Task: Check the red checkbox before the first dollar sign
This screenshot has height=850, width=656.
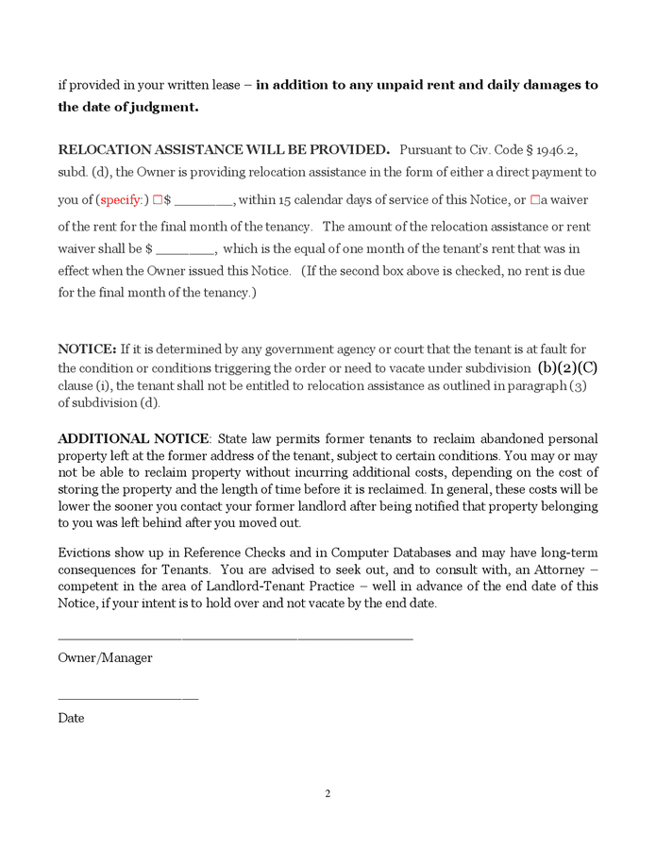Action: pos(158,200)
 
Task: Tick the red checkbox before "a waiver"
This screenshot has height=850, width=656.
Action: pos(535,200)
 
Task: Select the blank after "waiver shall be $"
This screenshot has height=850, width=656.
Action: pos(186,250)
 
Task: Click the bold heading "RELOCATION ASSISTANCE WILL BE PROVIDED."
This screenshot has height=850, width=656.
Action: pos(224,149)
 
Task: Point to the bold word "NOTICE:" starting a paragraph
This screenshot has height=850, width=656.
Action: pos(87,348)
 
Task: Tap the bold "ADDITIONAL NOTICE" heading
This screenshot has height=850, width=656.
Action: pos(133,439)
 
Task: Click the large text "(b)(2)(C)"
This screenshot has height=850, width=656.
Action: pos(567,366)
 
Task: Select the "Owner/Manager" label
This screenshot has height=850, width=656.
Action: pos(105,657)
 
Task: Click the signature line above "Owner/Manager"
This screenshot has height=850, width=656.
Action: pos(235,639)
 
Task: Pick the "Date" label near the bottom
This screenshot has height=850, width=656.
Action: pos(71,718)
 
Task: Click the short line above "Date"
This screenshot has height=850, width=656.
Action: pos(127,699)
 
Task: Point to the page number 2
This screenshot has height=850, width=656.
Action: pos(328,793)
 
